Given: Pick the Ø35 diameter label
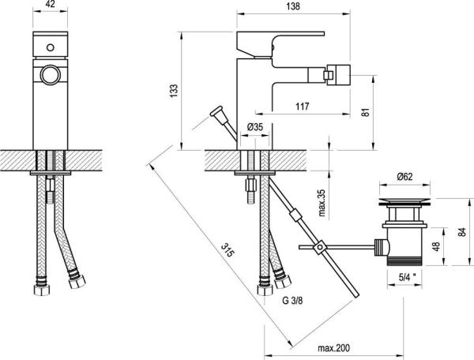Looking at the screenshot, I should tap(254, 126).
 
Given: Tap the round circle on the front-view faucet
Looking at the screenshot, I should tap(48, 76).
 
